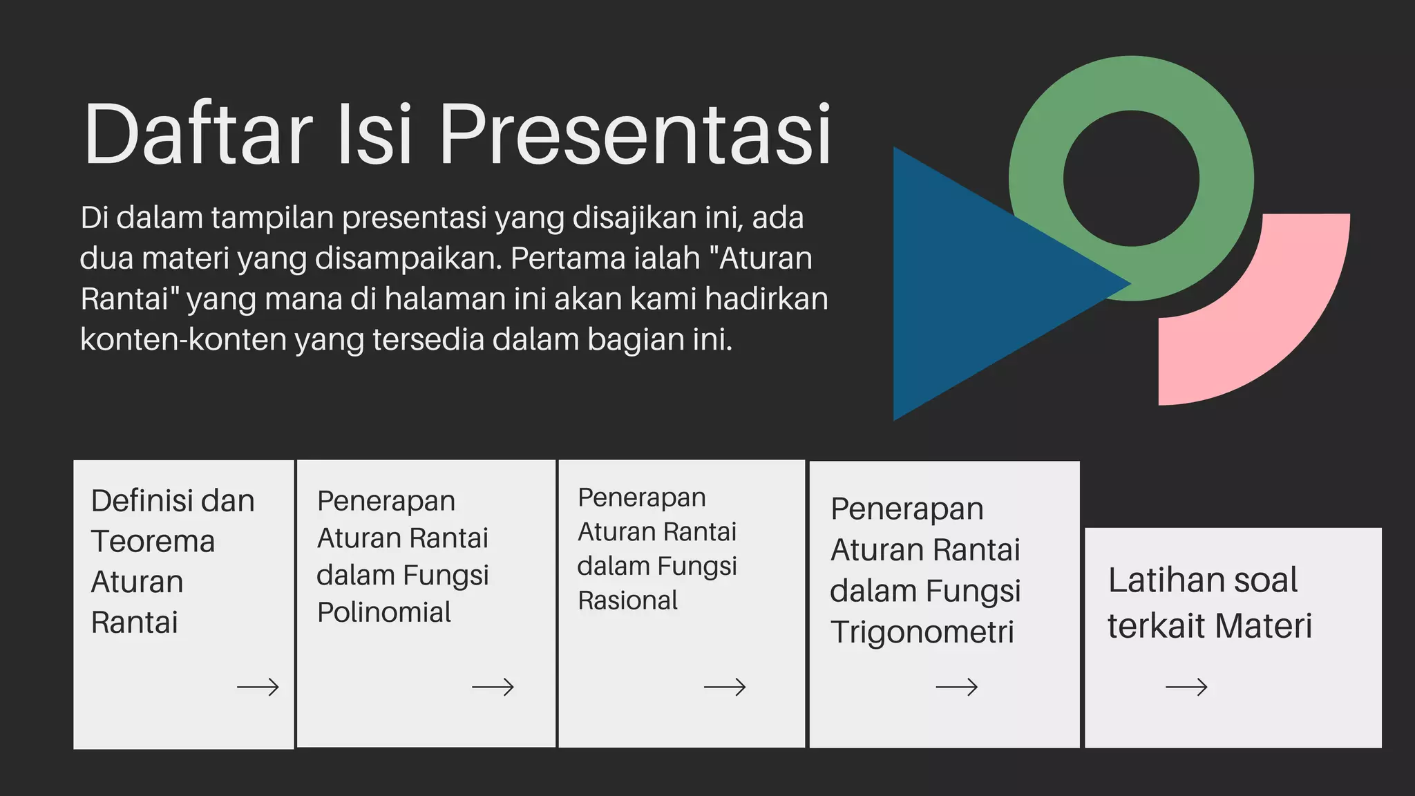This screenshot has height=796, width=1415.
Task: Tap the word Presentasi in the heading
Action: coord(635,135)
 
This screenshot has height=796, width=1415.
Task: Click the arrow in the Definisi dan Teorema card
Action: coord(258,687)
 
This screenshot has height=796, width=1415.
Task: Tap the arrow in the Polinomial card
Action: coord(493,687)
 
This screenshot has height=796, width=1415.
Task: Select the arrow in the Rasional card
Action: coord(725,687)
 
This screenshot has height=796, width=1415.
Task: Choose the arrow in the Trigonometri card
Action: coord(957,687)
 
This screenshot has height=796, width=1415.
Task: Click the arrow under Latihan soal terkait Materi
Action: coord(1186,687)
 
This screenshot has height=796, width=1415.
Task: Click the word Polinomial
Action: coord(384,612)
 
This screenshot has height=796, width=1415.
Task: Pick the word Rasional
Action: coord(627,600)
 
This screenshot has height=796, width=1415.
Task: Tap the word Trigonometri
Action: coord(922,632)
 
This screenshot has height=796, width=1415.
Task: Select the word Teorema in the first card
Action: coord(153,541)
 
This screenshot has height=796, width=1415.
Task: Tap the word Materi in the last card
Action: coord(1263,626)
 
